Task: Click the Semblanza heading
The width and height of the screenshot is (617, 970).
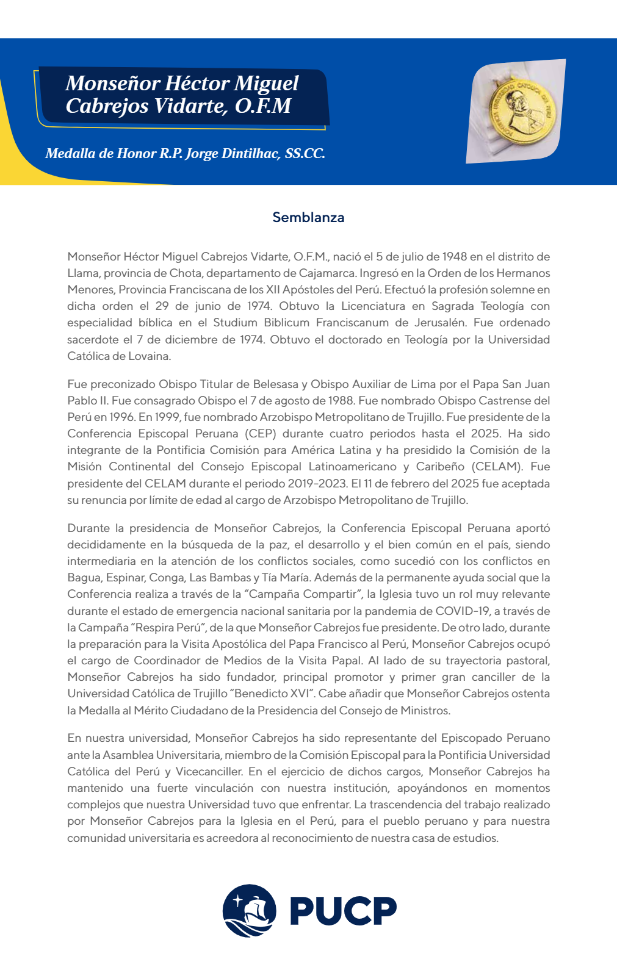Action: coord(308,218)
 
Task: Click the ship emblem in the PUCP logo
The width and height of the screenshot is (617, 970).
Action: coord(249,911)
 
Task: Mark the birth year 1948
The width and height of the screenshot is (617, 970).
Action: coord(455,257)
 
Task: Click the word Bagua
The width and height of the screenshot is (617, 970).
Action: coord(84,578)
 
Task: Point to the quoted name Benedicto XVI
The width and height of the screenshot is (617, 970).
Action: coord(272,694)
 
